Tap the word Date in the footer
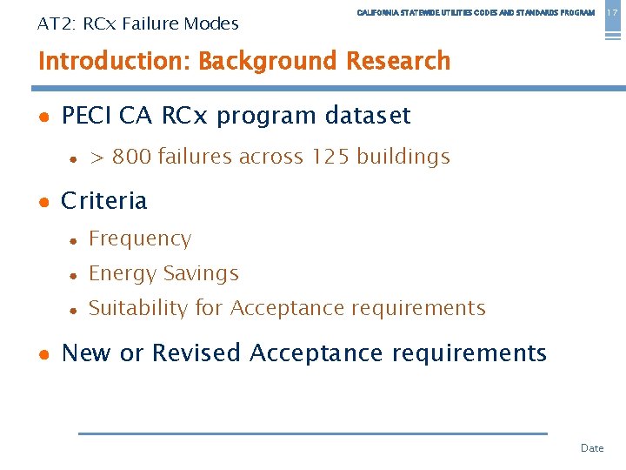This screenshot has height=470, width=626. click(x=592, y=448)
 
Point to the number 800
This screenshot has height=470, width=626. click(x=131, y=157)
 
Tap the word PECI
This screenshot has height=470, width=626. click(x=87, y=116)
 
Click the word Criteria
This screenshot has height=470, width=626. click(x=104, y=201)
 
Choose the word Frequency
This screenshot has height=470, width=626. click(x=140, y=238)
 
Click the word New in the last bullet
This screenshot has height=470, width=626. click(x=87, y=353)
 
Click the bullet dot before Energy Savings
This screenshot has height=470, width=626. click(x=75, y=275)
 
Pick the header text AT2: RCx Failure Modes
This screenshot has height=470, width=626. click(x=138, y=23)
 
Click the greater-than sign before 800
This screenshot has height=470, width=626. click(x=97, y=158)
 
